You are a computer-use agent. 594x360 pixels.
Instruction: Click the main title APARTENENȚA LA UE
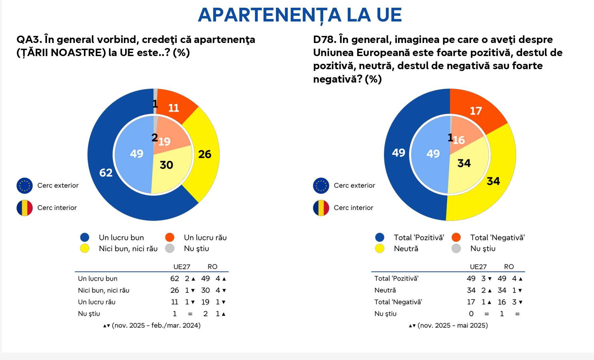pos(300,15)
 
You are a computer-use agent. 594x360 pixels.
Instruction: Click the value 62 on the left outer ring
pos(106,173)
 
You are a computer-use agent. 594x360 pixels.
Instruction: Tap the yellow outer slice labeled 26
pos(204,154)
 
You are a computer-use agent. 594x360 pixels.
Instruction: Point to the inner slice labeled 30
pos(166,165)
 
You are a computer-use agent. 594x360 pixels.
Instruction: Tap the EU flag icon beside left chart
pos(24,186)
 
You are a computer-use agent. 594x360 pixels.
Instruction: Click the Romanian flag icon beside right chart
pos(321,208)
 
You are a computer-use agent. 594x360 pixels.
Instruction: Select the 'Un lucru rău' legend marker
pos(170,237)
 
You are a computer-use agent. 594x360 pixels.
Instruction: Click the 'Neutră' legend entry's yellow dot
pos(380,249)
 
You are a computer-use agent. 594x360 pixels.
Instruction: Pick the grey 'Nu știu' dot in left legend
pos(170,249)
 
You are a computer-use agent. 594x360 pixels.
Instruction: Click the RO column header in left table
pos(212,267)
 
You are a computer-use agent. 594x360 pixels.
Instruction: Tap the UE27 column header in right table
pos(478,267)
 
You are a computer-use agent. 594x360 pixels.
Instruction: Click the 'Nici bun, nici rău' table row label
pos(103,290)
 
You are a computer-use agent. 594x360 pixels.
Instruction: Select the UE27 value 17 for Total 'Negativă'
pos(471,302)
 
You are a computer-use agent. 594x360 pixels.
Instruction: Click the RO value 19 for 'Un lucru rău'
pos(205,302)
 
